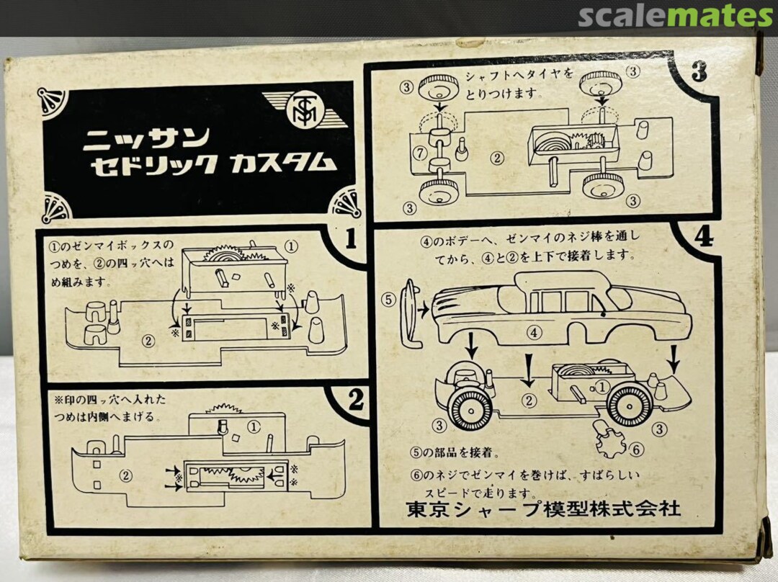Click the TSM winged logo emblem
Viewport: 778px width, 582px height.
pos(303,109)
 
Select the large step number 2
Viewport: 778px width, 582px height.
pos(356,400)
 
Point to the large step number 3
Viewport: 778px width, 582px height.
pos(699,73)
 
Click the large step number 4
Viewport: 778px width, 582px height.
pos(704,237)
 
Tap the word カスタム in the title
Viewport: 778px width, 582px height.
pos(280,164)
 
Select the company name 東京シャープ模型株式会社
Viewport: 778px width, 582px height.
pos(543,509)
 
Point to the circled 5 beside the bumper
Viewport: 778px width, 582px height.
pos(388,300)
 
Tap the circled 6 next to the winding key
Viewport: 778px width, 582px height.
pos(636,450)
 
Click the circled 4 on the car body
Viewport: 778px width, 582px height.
pos(534,332)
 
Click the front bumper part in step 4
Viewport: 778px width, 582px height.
pos(411,313)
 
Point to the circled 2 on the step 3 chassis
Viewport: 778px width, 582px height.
pos(496,158)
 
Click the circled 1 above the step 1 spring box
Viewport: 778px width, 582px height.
pos(292,246)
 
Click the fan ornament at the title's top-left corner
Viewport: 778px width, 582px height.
pos(52,104)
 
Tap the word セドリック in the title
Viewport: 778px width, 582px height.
pos(154,165)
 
